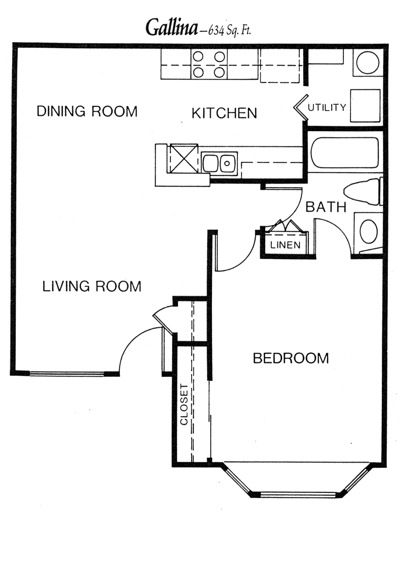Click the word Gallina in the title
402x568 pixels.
click(171, 28)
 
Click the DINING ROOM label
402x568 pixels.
click(87, 111)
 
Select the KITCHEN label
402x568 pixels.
click(224, 113)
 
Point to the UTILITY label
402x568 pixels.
click(327, 108)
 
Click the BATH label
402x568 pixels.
click(326, 207)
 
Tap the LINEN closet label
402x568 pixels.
click(285, 245)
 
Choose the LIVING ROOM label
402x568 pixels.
click(92, 286)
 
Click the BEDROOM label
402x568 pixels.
click(291, 358)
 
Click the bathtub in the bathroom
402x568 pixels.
click(345, 153)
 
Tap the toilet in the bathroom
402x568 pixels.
click(363, 192)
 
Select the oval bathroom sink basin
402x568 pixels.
click(369, 232)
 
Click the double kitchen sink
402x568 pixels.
click(219, 162)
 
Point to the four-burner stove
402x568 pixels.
click(209, 64)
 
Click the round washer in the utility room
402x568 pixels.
click(368, 63)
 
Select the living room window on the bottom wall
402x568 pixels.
click(67, 373)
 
